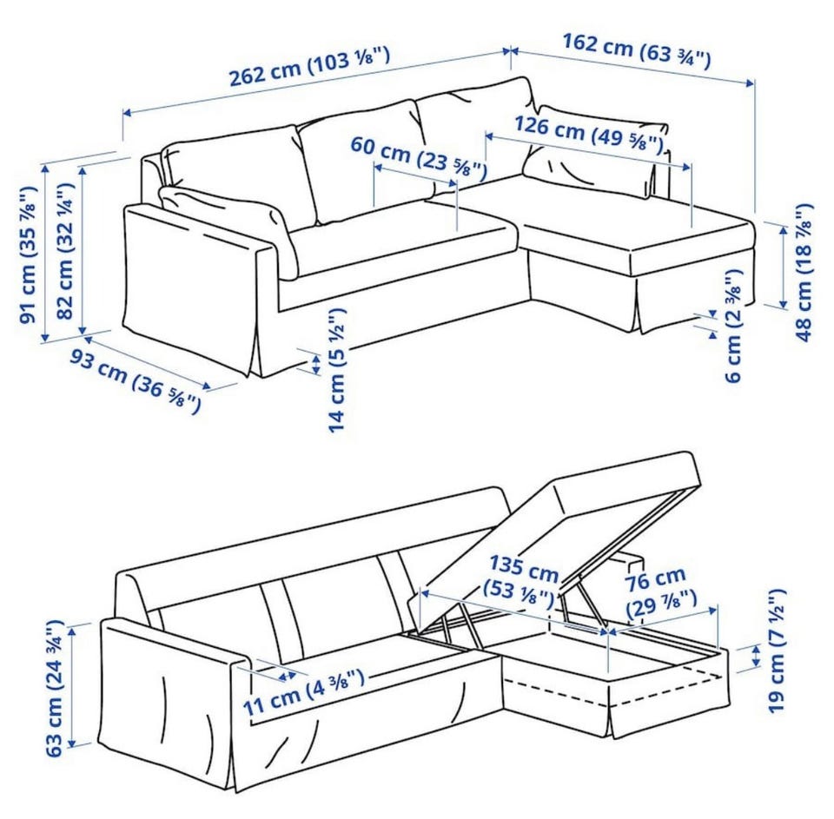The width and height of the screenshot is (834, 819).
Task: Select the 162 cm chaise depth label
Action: (637, 51)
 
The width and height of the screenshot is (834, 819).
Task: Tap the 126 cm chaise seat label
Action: (589, 134)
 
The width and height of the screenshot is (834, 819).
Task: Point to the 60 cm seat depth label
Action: (419, 157)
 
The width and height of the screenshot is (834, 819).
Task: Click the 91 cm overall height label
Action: (28, 254)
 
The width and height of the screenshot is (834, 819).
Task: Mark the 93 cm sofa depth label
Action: (136, 380)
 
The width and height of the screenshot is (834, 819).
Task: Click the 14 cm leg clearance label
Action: (337, 370)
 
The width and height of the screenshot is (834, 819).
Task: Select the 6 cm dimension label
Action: (733, 326)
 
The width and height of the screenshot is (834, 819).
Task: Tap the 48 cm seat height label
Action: (804, 272)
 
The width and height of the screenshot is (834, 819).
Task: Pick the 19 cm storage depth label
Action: (776, 650)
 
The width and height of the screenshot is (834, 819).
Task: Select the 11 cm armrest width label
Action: (304, 692)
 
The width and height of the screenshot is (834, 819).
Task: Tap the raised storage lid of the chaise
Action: (556, 537)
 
